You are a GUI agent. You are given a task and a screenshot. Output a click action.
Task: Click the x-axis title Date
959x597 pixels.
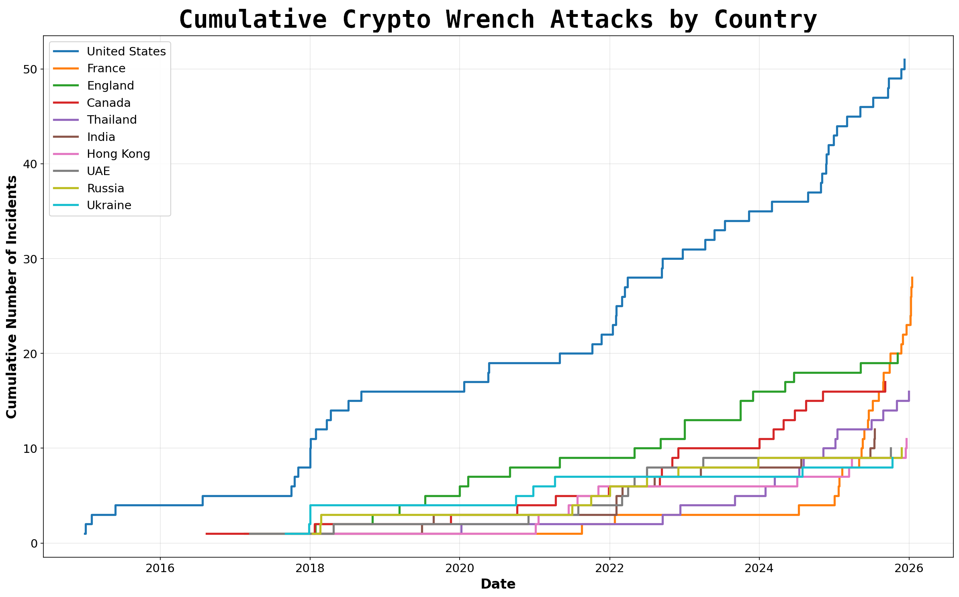pyautogui.click(x=498, y=584)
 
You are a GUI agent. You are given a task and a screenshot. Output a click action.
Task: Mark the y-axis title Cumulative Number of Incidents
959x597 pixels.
pyautogui.click(x=12, y=297)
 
